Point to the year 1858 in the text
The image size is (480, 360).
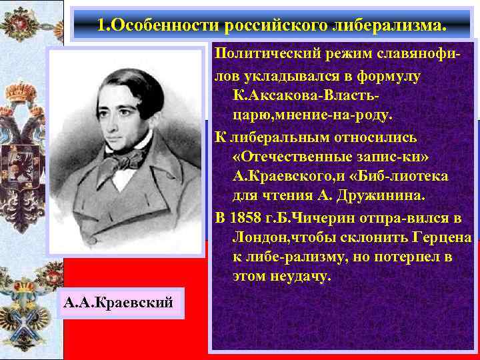coord(245,219)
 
